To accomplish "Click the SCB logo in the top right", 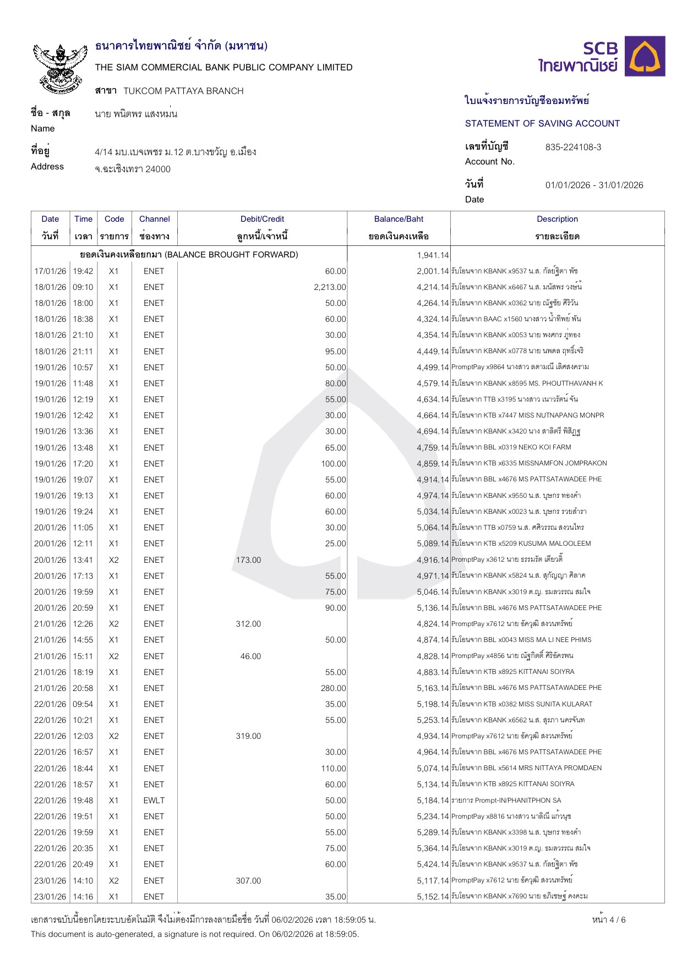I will (601, 56).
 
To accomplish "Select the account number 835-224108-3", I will (573, 147).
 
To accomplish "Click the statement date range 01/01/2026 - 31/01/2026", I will (594, 185).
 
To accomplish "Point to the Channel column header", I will (154, 219).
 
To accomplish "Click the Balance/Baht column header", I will (399, 219).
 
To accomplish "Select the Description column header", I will (557, 219).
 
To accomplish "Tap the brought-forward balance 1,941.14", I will (433, 255).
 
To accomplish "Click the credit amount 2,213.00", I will (330, 287).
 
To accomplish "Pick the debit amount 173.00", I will (248, 560).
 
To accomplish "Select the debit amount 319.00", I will (248, 736).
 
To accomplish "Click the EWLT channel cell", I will (154, 800).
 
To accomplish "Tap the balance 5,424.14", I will (433, 864).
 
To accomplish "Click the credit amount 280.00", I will (334, 688).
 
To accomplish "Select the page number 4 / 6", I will (609, 919).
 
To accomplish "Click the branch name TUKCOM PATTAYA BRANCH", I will (183, 91).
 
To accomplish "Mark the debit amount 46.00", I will (250, 656).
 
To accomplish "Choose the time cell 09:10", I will (83, 287).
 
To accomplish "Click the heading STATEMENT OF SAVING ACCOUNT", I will (542, 124).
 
